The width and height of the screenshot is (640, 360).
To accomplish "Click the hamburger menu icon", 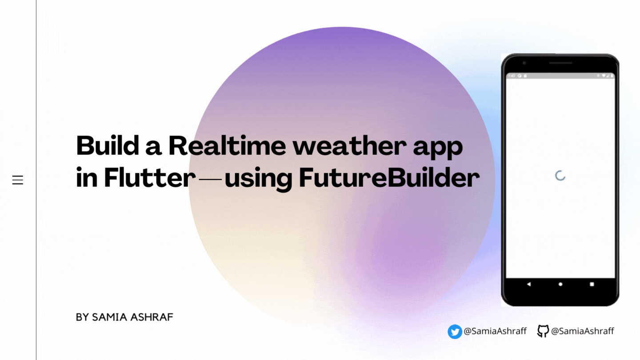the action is pos(18,180).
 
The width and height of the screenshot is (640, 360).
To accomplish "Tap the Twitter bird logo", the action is pos(455,332).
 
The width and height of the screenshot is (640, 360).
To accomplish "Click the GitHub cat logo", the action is pos(543,331).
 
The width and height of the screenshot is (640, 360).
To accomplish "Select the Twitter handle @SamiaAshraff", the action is pos(495,331).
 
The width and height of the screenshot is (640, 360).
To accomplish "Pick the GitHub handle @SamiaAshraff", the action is pos(583,331).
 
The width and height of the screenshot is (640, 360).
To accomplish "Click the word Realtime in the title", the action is pos(227,145).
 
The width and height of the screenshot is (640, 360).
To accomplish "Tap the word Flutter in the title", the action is pos(150,177).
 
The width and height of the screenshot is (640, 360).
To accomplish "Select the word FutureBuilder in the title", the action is pos(389,177).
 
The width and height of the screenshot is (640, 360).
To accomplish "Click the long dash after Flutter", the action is pos(210,180).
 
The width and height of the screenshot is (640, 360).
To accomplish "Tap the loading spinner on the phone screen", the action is pos(560,176).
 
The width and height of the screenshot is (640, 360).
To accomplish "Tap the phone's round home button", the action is pos(560,284).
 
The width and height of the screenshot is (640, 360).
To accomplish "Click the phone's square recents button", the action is pos(592,284).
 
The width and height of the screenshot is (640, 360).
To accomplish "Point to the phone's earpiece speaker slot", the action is pos(560,63).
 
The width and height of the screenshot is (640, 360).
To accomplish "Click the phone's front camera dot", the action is pos(524,63).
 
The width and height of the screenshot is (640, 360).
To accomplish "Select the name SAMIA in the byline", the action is pos(109,317).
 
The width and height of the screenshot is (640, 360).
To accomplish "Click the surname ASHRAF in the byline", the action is pos(152,317).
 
